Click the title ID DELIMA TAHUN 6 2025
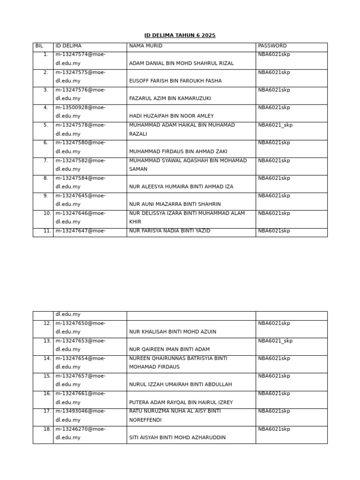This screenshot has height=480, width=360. coord(180,36)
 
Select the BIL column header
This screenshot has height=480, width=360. coord(39,46)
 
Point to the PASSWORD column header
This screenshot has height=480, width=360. coord(272,46)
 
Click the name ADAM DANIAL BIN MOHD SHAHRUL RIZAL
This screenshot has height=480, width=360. coord(181,63)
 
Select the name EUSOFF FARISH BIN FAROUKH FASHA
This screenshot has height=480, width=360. coord(175,81)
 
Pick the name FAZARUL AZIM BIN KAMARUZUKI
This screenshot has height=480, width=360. coord(170,98)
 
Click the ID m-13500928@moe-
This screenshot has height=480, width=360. coord(80,107)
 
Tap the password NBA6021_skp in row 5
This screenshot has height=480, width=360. coord(275,125)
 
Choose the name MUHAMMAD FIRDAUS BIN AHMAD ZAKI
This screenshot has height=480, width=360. coord(178,151)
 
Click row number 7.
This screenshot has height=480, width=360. coord(45,160)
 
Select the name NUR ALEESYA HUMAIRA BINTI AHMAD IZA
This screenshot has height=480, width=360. coord(181,187)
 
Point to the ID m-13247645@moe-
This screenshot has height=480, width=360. coord(80,195)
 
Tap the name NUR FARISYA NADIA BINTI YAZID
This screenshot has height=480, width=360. coord(170,231)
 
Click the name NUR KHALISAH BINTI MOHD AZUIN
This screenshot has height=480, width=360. coord(172,332)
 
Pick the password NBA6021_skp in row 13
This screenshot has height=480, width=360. coord(275,341)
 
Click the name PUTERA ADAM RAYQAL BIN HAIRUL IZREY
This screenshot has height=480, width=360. coord(181,402)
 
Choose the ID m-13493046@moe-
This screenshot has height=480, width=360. coord(80,411)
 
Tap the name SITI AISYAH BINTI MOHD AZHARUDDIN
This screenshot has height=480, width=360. coord(177,437)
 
